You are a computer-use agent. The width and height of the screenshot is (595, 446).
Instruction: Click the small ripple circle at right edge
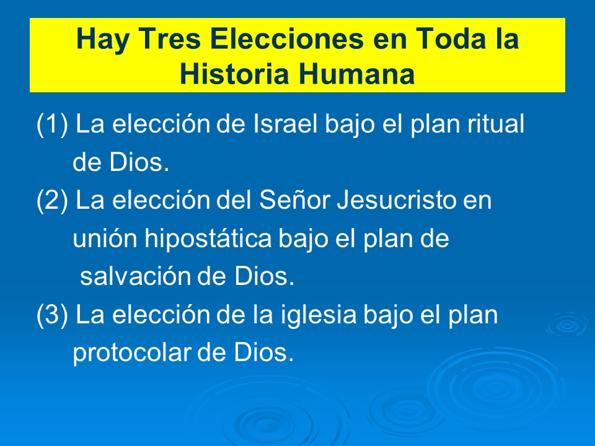click(x=566, y=324)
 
